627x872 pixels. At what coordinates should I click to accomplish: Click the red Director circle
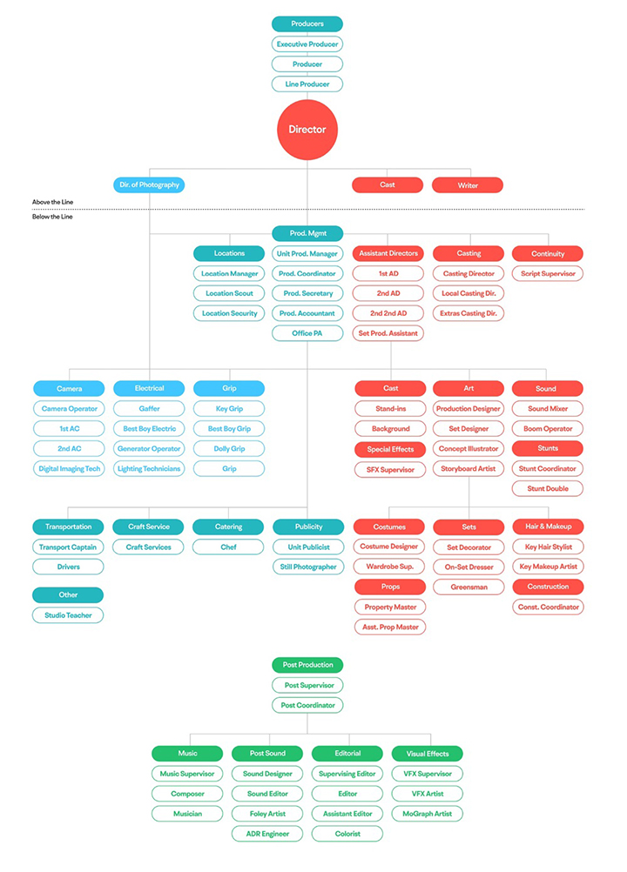[307, 130]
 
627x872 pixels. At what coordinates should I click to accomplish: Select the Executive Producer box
[307, 44]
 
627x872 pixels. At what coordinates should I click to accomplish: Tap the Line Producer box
[307, 84]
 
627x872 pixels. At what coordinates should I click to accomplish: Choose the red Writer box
[467, 185]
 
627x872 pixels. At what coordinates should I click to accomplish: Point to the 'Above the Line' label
[52, 202]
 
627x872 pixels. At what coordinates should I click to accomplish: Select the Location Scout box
[229, 293]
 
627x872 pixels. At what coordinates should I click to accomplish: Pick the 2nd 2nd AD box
[388, 313]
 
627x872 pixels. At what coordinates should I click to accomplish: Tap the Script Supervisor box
[548, 273]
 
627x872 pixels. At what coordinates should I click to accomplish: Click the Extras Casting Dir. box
[469, 313]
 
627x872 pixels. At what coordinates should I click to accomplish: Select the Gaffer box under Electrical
[149, 408]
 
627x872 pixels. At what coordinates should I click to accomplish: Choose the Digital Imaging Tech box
[70, 468]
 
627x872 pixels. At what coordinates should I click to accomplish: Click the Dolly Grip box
[229, 448]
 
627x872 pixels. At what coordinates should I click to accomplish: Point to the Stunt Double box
[548, 488]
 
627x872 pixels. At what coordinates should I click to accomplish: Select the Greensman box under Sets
[469, 587]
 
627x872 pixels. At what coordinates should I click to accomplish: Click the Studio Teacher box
[68, 615]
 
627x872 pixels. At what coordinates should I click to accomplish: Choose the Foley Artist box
[267, 814]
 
